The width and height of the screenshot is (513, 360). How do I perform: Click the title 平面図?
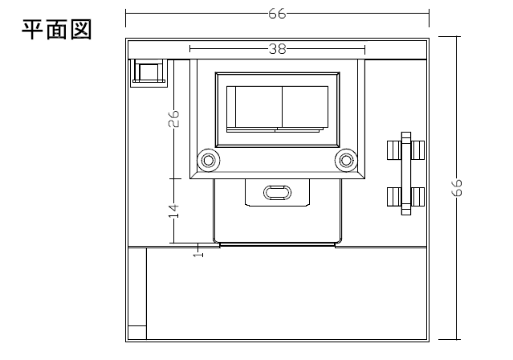click(57, 30)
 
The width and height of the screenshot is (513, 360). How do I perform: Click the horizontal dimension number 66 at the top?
click(277, 14)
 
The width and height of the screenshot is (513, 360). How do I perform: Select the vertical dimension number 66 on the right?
click(457, 188)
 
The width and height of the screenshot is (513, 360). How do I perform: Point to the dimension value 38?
click(278, 49)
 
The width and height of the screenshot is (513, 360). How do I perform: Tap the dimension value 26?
click(173, 118)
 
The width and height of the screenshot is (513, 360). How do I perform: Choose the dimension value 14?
click(173, 211)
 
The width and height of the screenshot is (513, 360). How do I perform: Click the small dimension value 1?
click(198, 254)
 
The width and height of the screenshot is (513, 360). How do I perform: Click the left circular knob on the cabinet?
click(209, 161)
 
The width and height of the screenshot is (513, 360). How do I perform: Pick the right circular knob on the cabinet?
click(346, 161)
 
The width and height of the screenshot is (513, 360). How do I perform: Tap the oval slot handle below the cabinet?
click(277, 193)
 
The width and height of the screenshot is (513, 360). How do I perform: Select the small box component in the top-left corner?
click(149, 73)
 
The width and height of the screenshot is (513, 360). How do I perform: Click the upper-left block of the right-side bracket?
click(394, 150)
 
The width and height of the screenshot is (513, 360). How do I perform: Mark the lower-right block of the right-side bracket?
click(417, 197)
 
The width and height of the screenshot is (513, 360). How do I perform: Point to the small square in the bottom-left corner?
click(137, 333)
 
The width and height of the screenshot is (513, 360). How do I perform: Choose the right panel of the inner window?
click(305, 107)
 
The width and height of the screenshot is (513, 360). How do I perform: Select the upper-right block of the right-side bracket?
click(417, 150)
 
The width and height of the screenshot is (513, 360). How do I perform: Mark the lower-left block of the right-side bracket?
click(394, 197)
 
